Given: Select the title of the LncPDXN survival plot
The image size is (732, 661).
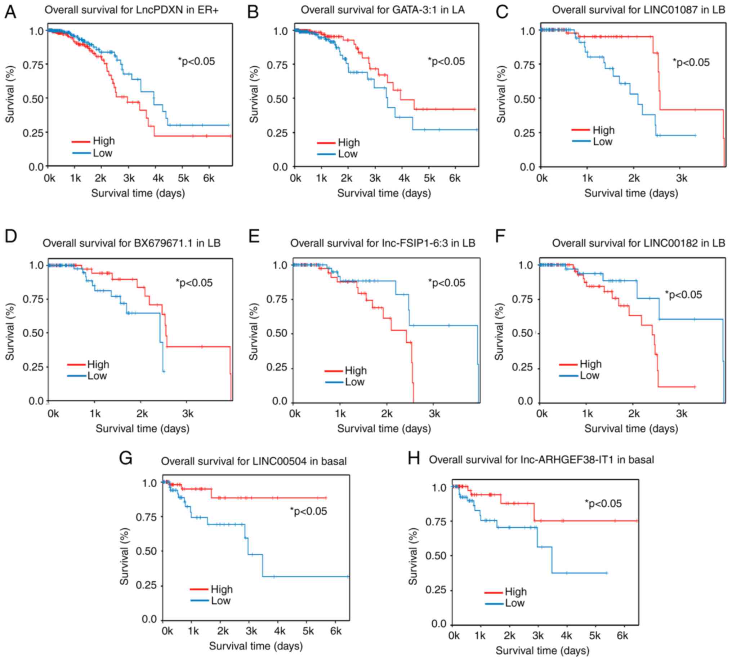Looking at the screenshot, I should [x=131, y=10].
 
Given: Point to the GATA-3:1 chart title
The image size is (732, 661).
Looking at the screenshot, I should [x=383, y=10].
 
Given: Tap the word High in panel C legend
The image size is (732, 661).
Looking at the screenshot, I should [x=603, y=130].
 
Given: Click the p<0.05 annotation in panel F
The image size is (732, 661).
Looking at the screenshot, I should [x=683, y=294].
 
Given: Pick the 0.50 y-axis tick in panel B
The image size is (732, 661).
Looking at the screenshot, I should [x=277, y=99].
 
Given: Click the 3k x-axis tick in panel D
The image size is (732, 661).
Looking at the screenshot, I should [x=188, y=413].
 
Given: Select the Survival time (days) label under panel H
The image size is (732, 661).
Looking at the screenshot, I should [x=542, y=651].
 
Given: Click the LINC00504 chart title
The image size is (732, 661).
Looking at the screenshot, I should [x=254, y=461].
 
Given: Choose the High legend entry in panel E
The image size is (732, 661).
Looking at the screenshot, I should [x=356, y=371].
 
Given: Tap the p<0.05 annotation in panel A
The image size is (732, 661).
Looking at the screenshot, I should [x=196, y=61].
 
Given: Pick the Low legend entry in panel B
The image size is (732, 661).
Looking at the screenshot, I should [x=348, y=154].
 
